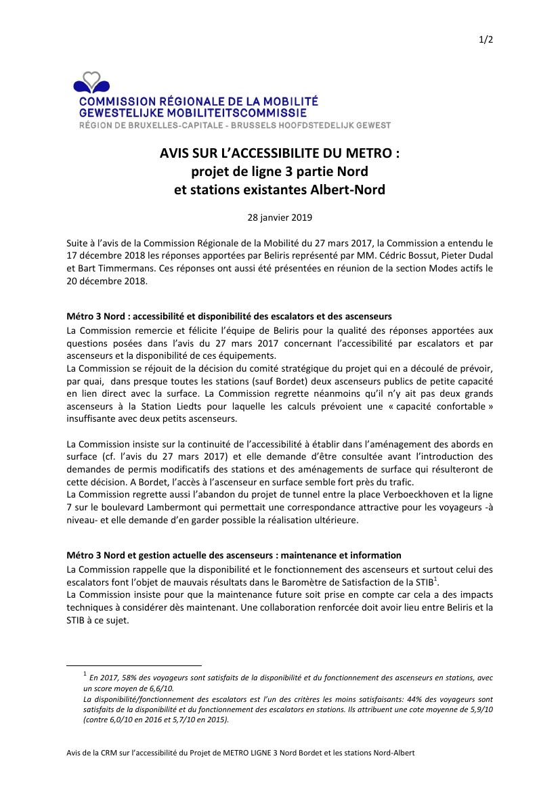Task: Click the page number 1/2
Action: [486, 40]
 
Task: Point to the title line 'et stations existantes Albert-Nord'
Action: [279, 190]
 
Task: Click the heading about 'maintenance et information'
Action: [234, 555]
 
